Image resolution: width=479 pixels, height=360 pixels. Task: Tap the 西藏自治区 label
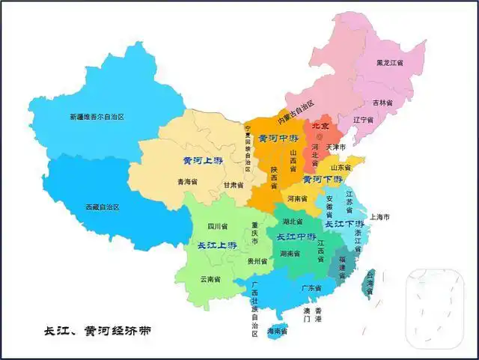102,207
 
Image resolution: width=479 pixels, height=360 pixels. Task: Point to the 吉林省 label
382,102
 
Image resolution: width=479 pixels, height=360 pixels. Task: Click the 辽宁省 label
363,120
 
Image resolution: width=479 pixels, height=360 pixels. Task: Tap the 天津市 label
337,147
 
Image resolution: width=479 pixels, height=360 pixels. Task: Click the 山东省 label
341,168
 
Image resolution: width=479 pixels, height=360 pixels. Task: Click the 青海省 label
187,182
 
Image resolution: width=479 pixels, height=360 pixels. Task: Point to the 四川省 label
217,226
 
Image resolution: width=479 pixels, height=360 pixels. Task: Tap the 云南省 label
210,279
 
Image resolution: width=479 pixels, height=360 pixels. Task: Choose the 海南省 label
278,330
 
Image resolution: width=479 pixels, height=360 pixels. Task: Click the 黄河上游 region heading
203,160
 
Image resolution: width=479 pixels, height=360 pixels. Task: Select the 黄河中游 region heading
277,138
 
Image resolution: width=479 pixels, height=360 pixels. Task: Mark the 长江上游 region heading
217,245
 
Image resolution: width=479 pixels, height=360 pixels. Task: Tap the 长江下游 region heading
344,224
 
